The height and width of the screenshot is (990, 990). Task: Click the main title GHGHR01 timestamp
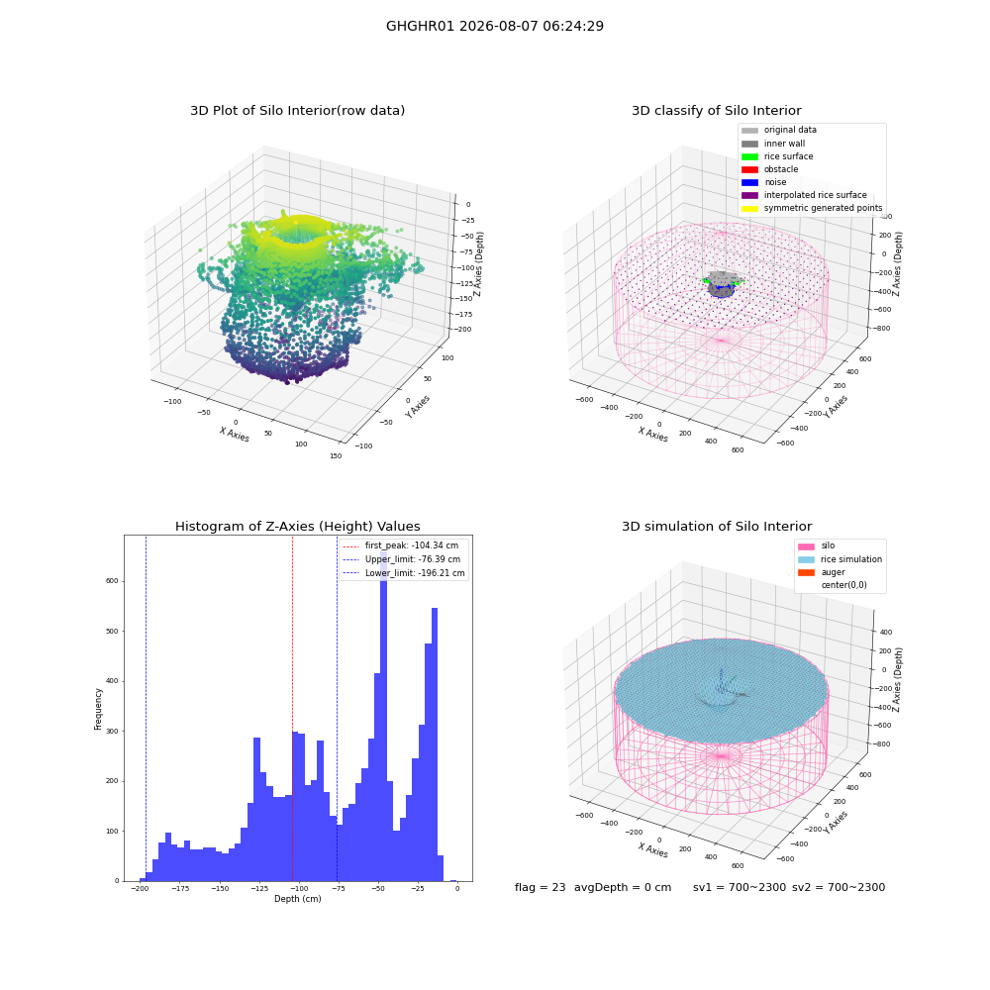[495, 26]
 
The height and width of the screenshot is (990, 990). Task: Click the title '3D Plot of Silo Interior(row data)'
[297, 111]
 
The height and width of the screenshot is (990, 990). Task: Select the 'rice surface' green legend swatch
[749, 156]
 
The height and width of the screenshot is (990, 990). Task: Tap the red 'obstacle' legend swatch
[749, 169]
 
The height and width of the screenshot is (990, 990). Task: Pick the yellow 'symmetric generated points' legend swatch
[749, 208]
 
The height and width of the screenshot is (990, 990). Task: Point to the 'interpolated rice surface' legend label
[815, 195]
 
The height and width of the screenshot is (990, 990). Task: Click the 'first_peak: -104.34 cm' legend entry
[400, 545]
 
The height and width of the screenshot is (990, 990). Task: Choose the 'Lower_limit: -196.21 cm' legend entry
[404, 573]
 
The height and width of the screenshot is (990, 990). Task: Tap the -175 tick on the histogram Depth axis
[180, 888]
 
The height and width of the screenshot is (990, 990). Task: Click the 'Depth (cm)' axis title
[297, 899]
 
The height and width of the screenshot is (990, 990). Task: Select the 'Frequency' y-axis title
[98, 709]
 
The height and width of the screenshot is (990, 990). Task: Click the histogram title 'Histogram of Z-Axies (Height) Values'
[297, 527]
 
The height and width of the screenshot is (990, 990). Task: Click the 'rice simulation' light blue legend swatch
[806, 559]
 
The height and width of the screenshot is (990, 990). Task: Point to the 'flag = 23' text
[540, 887]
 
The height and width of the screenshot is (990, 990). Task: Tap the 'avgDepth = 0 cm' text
[623, 887]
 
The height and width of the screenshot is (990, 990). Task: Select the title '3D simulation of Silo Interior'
[717, 527]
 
